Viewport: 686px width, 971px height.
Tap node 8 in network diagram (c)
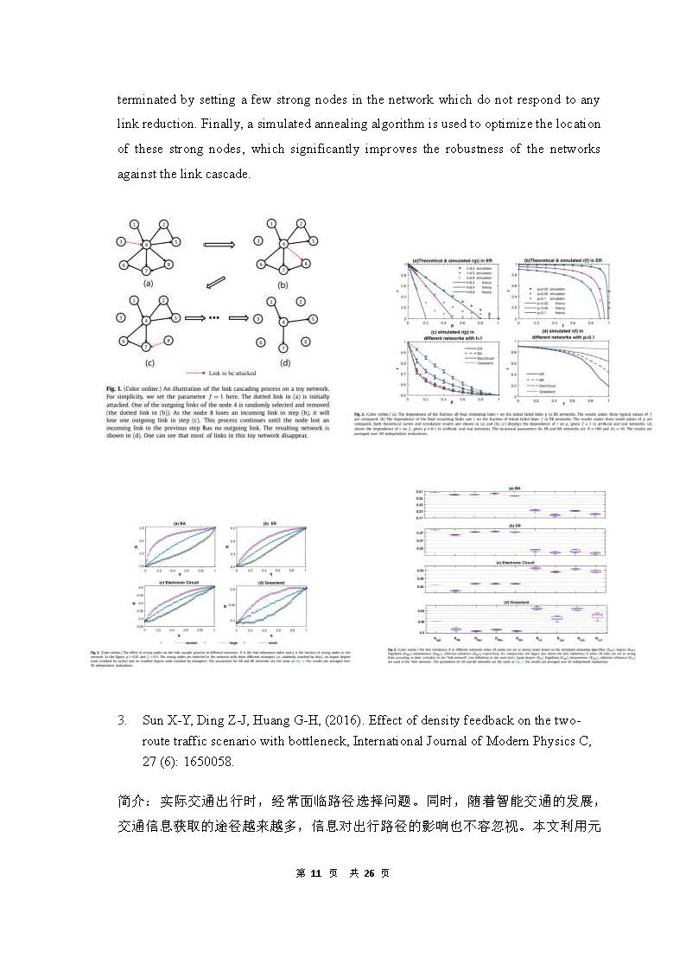coord(169,342)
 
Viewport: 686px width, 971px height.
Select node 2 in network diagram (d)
coord(300,301)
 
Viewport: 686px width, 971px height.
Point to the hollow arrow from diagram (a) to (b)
coord(219,245)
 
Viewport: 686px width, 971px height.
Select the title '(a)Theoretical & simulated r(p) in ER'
coord(453,260)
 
